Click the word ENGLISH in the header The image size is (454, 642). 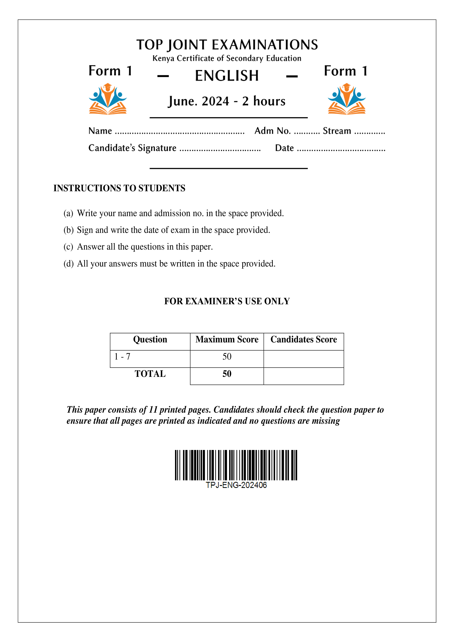227,76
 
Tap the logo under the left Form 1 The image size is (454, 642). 108,99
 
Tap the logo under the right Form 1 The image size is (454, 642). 347,99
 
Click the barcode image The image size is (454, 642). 236,465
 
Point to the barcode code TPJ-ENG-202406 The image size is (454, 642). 236,485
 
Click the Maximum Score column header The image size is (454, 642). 227,339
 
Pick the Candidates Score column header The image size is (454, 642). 304,339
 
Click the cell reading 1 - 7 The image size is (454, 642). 122,357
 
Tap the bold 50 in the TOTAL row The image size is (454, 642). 227,374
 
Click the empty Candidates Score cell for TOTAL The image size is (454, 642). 304,376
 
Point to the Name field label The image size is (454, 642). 100,131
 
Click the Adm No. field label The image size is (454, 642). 272,131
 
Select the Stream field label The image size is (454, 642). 337,131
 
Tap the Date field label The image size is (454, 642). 284,148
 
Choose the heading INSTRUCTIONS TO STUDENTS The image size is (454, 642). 119,188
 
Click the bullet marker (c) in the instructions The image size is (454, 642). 68,247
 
